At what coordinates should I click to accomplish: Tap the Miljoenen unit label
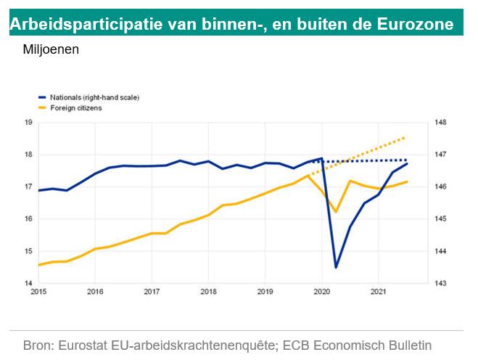click(51, 51)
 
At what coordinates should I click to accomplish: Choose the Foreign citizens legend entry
click(76, 107)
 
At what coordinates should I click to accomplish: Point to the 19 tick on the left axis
click(29, 123)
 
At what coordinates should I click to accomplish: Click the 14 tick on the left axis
click(29, 284)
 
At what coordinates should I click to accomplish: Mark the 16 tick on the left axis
click(29, 219)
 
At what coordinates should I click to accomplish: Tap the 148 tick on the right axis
click(441, 123)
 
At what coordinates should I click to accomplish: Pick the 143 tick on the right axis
click(441, 284)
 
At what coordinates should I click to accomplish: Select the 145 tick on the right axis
click(441, 219)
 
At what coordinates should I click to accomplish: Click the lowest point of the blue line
click(336, 268)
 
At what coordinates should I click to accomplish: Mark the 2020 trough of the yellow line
click(336, 212)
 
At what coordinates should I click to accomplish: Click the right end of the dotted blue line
click(406, 160)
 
